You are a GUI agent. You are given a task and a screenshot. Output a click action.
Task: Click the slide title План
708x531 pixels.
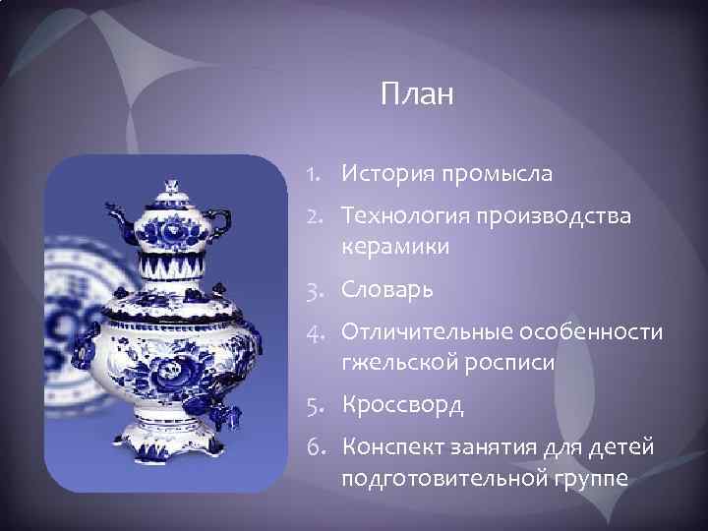point(416,96)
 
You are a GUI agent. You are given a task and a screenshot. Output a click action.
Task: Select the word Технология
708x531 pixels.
point(404,216)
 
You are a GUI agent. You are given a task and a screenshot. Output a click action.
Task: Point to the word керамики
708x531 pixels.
point(394,247)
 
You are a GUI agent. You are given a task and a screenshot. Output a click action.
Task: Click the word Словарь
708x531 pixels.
point(386,291)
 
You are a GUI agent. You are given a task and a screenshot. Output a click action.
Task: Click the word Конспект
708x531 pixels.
point(390,448)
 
